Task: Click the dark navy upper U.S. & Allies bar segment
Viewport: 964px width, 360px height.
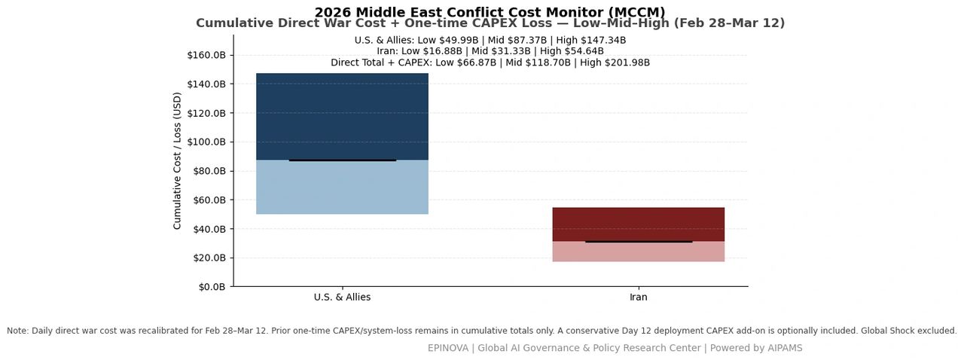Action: coord(342,116)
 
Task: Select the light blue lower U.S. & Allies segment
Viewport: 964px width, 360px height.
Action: coord(342,188)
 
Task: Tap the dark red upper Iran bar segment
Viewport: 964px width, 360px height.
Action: coord(638,224)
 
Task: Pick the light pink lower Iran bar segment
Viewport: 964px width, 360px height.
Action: coord(638,252)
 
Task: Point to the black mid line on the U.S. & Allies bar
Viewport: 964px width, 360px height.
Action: coord(342,160)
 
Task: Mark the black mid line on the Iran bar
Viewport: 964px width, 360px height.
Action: coord(639,242)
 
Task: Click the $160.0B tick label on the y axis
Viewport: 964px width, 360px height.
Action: coord(206,55)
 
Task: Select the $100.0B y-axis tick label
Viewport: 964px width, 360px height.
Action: coord(206,142)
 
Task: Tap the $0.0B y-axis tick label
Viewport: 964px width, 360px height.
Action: coord(212,287)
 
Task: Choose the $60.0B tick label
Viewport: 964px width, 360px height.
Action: coord(209,200)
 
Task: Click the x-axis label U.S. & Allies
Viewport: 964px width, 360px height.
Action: coord(342,297)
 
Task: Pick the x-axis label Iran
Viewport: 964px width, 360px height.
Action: coord(638,297)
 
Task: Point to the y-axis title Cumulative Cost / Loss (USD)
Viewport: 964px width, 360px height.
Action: coord(177,160)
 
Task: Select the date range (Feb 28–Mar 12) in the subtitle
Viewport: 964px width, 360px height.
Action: coord(729,23)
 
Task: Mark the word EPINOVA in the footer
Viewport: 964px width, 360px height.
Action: coord(448,348)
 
